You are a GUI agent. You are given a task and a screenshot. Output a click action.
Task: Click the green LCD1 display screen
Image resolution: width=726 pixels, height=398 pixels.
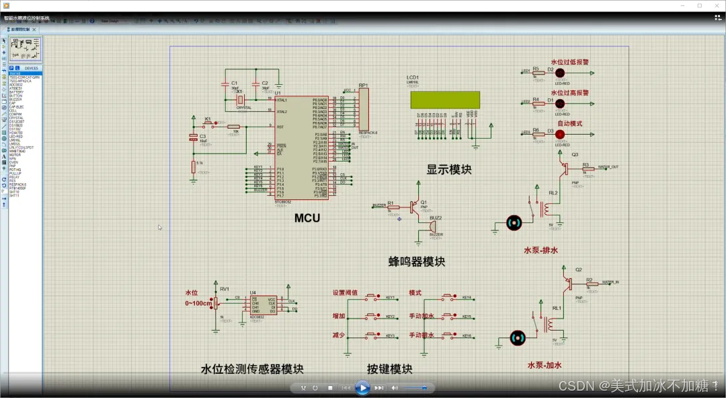pos(445,100)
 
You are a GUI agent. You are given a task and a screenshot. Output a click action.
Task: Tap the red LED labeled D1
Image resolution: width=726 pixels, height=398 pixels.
pos(559,102)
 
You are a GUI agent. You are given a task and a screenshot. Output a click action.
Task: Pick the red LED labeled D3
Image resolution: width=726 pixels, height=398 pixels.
pos(559,134)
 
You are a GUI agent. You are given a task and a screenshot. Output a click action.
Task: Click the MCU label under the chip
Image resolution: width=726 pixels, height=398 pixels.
pos(307,218)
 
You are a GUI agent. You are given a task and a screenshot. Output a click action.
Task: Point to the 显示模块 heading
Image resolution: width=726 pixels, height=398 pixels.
pos(449,170)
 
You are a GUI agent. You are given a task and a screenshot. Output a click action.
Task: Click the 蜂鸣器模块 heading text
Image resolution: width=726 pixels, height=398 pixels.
pos(417,261)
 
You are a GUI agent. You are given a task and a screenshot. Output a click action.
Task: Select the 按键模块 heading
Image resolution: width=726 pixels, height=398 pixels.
pos(389,369)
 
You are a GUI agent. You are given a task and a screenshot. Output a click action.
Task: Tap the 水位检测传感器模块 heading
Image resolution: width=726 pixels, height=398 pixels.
pos(252,369)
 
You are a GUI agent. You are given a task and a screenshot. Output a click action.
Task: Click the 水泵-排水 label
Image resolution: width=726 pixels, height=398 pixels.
pos(540,251)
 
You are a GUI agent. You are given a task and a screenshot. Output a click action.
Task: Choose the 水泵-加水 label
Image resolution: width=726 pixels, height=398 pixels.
pos(544,365)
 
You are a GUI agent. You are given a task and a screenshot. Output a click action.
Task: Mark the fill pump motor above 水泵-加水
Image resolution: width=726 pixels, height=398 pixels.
pos(517,337)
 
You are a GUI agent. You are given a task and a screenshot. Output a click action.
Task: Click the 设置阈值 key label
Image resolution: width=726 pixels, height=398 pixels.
pos(345,294)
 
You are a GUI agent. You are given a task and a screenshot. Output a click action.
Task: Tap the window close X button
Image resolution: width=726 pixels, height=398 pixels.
pos(715,5)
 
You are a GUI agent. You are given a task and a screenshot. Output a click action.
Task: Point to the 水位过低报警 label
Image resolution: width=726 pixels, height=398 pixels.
pos(569,62)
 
